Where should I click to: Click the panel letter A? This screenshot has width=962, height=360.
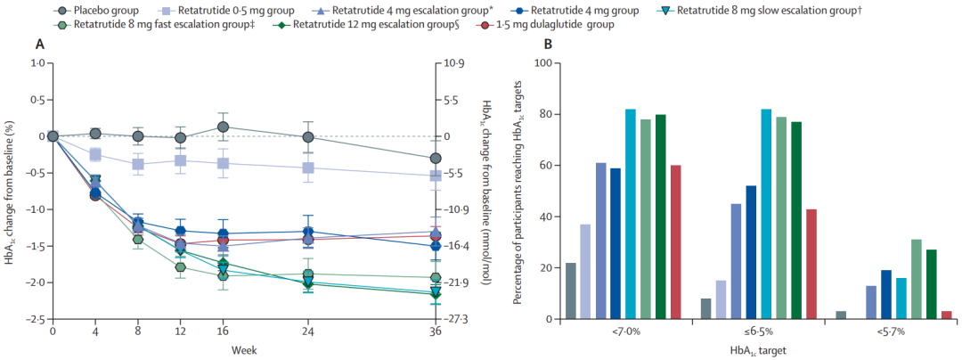coord(39,45)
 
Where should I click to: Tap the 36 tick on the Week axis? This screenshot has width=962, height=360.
coord(435,331)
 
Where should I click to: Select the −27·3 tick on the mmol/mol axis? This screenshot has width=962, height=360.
coord(456,319)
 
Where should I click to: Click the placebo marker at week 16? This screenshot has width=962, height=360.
coord(223,127)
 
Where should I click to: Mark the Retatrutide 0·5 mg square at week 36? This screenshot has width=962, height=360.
coord(435,176)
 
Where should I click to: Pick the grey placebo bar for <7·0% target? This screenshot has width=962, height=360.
coord(571,290)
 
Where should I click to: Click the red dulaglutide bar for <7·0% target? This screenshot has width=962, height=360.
coord(674,242)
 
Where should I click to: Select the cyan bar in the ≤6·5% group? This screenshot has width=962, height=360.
coord(765,214)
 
